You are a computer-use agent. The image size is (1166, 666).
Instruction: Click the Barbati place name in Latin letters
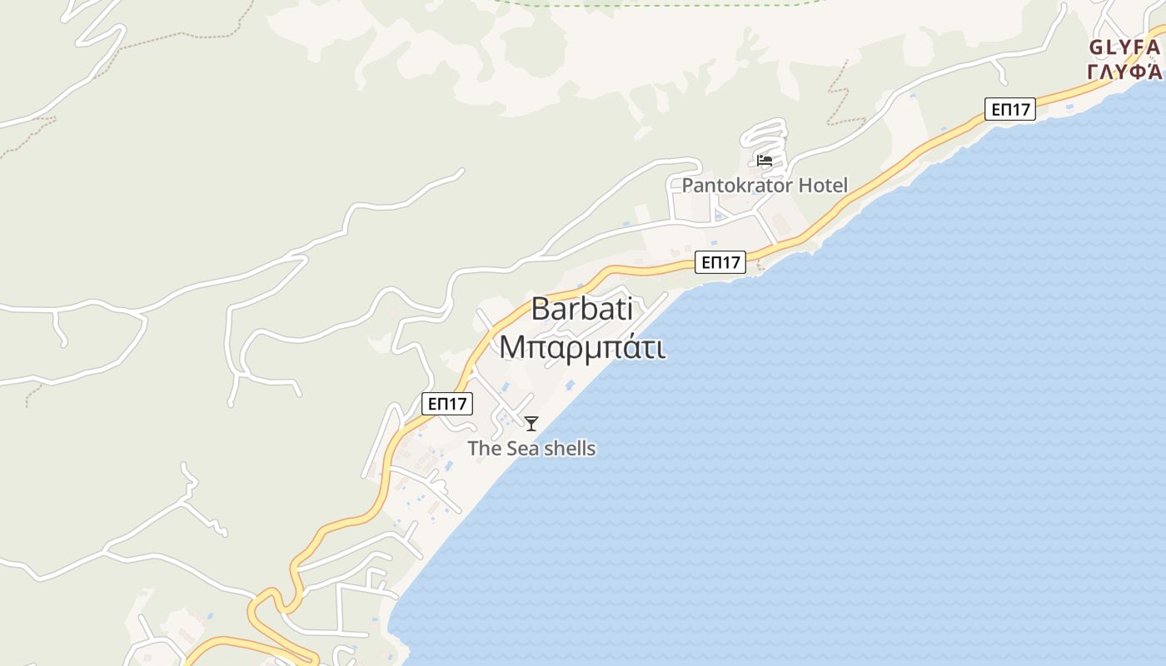[581, 310]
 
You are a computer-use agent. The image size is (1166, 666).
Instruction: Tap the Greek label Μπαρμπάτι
[581, 347]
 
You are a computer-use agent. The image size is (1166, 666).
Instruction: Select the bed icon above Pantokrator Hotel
[765, 160]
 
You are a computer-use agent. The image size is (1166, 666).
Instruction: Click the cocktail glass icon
[531, 424]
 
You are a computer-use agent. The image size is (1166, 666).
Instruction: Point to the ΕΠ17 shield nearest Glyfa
[1009, 109]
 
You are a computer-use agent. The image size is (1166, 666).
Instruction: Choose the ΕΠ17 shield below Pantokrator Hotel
[720, 263]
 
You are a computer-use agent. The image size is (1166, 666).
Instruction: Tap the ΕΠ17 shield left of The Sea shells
[447, 404]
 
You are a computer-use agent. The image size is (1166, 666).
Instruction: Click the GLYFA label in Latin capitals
[1124, 47]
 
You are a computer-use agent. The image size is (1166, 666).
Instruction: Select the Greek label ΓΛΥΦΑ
[1124, 71]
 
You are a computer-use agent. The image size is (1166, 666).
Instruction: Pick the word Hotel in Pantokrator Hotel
[823, 186]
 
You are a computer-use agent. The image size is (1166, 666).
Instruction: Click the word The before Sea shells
[483, 449]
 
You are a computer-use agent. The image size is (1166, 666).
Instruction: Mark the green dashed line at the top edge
[666, 4]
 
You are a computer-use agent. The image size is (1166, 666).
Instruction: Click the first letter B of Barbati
[541, 310]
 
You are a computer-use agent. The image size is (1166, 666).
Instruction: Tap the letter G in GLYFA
[1096, 47]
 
